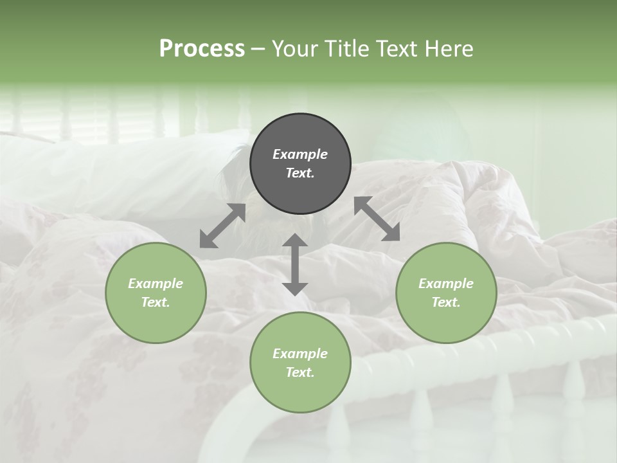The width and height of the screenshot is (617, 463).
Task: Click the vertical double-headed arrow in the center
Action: pyautogui.click(x=295, y=264)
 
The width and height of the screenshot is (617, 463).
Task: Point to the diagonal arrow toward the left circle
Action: pyautogui.click(x=222, y=226)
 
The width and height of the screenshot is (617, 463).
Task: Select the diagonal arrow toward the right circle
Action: pyautogui.click(x=377, y=219)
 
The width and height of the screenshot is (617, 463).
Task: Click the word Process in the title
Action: pyautogui.click(x=202, y=48)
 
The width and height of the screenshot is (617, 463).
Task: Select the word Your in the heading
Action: pyautogui.click(x=296, y=48)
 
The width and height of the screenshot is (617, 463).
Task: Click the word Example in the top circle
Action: pyautogui.click(x=300, y=154)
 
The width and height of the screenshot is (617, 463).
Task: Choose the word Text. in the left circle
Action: pyautogui.click(x=156, y=302)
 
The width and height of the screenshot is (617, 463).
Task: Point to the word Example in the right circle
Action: pyautogui.click(x=446, y=284)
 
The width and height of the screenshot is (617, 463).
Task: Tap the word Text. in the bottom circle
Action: pyautogui.click(x=300, y=372)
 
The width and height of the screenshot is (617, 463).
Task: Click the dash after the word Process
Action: pyautogui.click(x=258, y=48)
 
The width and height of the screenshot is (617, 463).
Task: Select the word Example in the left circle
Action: pyautogui.click(x=156, y=284)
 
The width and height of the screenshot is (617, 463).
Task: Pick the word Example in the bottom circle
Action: pyautogui.click(x=300, y=354)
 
